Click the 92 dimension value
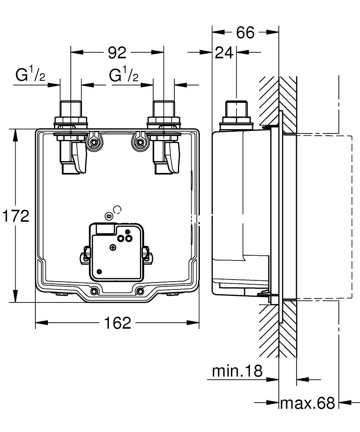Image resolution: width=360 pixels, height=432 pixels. (117, 52)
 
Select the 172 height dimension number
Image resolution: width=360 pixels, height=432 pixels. (16, 215)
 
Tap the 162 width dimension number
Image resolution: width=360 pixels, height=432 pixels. (117, 322)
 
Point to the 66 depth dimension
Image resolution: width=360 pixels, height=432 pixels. (245, 32)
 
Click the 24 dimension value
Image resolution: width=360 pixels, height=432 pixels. (224, 53)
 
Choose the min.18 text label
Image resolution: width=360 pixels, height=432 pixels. (237, 370)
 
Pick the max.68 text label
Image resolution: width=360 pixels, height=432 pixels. (307, 403)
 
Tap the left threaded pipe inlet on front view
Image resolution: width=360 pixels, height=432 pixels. (70, 109)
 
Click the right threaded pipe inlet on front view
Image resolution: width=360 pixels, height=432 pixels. (164, 109)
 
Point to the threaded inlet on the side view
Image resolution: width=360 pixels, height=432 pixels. (236, 110)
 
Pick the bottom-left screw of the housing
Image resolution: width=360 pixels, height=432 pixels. (94, 291)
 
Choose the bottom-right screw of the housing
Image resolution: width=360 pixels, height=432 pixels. (140, 291)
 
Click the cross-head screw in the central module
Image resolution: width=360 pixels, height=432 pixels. (113, 248)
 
